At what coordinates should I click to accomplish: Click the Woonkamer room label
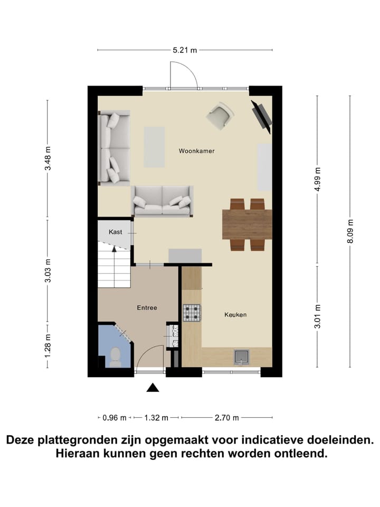[x=196, y=151]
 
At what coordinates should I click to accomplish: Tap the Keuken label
[x=235, y=315]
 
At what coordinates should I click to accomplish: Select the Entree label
[x=147, y=308]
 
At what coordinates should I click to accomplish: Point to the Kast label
[x=116, y=232]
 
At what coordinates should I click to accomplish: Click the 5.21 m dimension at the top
[x=185, y=51]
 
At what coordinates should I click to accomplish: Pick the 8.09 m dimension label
[x=349, y=231]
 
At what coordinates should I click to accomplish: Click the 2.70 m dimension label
[x=227, y=418]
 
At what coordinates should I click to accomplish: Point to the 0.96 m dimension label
[x=115, y=418]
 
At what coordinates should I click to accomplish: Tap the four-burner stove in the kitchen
[x=192, y=313]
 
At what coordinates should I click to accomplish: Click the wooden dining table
[x=247, y=224]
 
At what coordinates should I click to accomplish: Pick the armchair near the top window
[x=220, y=116]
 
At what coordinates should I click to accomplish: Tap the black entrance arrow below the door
[x=153, y=388]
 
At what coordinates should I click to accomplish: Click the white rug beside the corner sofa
[x=154, y=146]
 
